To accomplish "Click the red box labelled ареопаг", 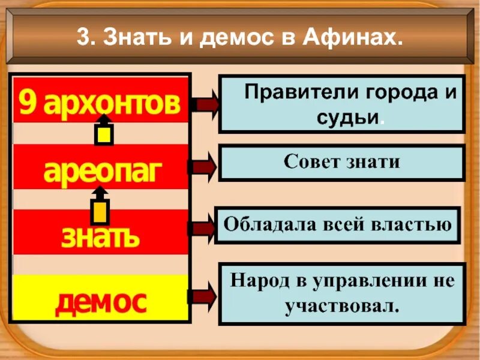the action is click(101, 171).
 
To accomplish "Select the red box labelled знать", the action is click(101, 236).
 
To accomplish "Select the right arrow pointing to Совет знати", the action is click(203, 167).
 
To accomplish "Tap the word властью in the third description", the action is click(418, 225).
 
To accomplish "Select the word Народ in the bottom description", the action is click(259, 280).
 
